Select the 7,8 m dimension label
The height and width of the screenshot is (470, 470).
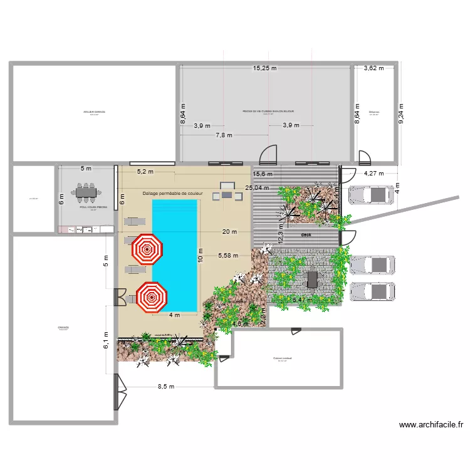pyautogui.click(x=224, y=135)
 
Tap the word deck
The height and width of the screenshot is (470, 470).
pyautogui.click(x=306, y=235)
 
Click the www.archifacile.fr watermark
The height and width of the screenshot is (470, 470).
pyautogui.click(x=431, y=424)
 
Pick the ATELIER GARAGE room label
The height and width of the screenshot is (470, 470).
pyautogui.click(x=94, y=112)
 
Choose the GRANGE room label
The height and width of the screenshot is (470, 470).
pyautogui.click(x=63, y=327)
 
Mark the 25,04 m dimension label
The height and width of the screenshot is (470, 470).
pyautogui.click(x=257, y=187)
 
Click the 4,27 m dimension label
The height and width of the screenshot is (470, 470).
pyautogui.click(x=374, y=173)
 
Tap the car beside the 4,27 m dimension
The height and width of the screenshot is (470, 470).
pyautogui.click(x=372, y=196)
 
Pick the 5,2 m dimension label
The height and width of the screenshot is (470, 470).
pyautogui.click(x=145, y=171)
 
